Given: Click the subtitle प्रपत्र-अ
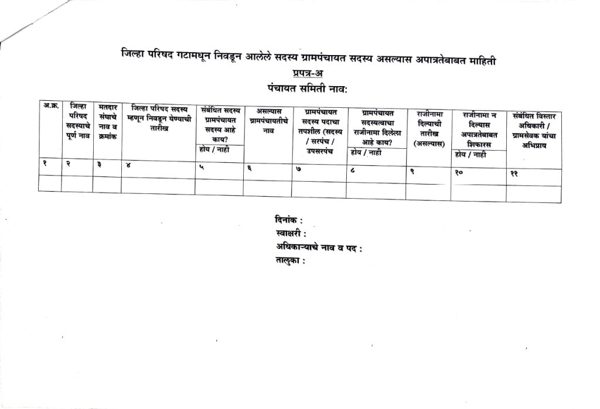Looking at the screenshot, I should click(307, 74).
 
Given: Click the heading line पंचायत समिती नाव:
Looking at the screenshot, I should click(306, 88).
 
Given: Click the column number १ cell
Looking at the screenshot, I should click(45, 164).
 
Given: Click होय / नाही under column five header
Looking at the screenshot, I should click(214, 151).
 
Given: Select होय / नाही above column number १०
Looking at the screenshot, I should click(471, 155).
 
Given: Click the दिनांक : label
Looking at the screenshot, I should click(288, 221).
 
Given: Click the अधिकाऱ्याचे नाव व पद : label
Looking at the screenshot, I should click(319, 248).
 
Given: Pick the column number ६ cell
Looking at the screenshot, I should click(250, 168).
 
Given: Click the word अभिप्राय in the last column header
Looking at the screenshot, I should click(534, 146).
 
